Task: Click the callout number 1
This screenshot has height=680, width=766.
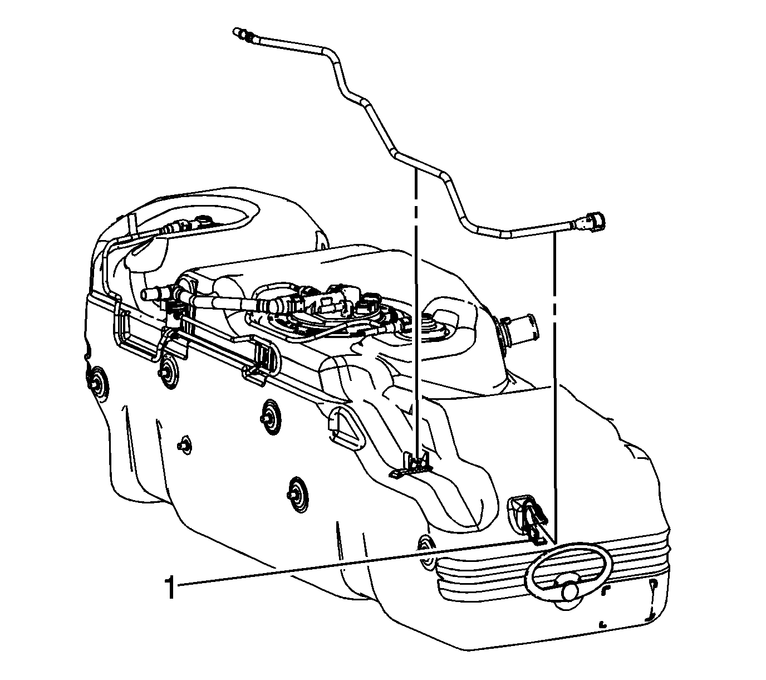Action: (x=170, y=588)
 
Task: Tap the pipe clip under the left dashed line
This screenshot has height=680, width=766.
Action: (x=413, y=464)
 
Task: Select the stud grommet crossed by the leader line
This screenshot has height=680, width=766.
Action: (x=427, y=553)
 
